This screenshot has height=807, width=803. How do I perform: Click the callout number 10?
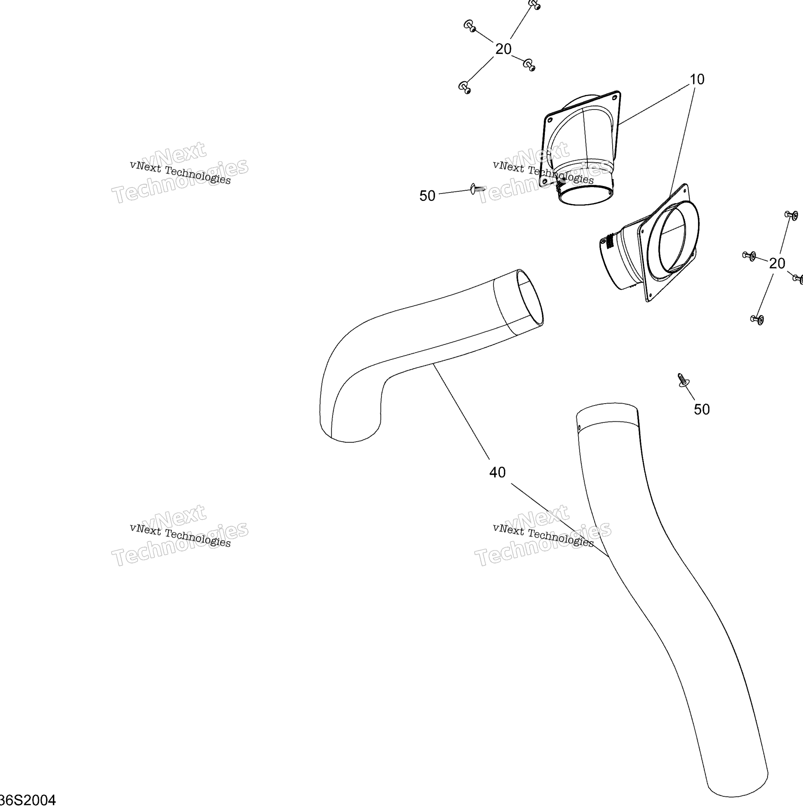click(x=697, y=80)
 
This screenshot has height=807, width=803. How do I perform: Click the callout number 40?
click(x=497, y=472)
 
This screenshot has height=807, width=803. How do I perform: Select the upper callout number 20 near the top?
click(x=503, y=49)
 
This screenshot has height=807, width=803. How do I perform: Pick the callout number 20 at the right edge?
click(x=777, y=263)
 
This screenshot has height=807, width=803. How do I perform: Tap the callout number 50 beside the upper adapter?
click(x=427, y=196)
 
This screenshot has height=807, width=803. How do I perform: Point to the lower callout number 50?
click(x=702, y=409)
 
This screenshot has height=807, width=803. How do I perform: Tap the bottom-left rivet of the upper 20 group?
click(x=465, y=88)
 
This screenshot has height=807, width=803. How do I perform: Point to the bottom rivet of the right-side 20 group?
click(x=757, y=320)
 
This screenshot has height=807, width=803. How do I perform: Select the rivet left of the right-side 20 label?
click(x=749, y=256)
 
